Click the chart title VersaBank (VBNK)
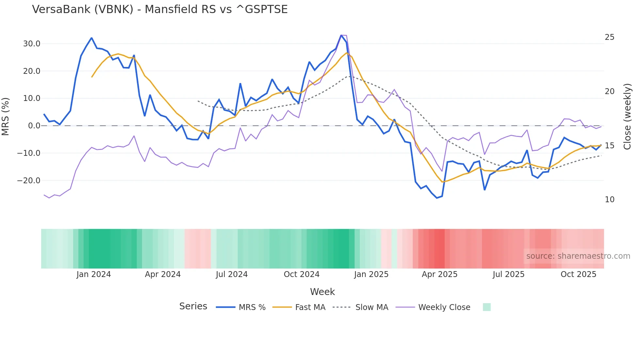click(x=160, y=9)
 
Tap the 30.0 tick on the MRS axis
click(x=32, y=44)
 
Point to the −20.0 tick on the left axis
click(x=29, y=181)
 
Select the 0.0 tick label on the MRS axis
click(x=34, y=126)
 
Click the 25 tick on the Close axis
click(x=609, y=37)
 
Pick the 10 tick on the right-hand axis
click(x=609, y=200)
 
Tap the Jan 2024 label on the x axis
click(x=94, y=274)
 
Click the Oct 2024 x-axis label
click(x=301, y=274)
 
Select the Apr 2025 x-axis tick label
click(x=440, y=274)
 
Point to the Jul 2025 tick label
click(x=508, y=274)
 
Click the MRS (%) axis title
click(x=6, y=116)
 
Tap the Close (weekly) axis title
click(x=627, y=117)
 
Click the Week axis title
click(x=322, y=292)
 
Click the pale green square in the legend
click(x=487, y=307)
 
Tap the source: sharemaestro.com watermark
click(x=578, y=256)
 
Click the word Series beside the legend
click(x=193, y=306)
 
